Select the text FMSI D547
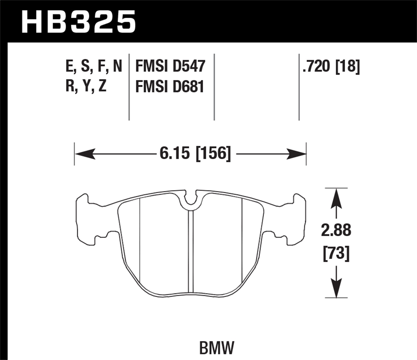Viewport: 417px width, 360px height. (x=170, y=66)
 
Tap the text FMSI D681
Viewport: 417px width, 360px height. (x=170, y=87)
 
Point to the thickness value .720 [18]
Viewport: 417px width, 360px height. (x=331, y=66)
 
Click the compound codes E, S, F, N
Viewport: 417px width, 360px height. (x=94, y=66)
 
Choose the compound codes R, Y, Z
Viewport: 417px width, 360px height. (x=86, y=87)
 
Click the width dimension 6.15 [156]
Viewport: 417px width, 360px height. (x=195, y=154)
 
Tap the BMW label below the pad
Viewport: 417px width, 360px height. (x=217, y=348)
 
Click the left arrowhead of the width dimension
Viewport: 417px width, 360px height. (x=85, y=154)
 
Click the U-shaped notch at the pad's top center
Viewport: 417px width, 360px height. (x=190, y=199)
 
